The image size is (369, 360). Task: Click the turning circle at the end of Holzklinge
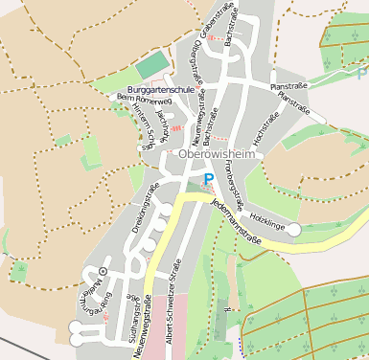pos(294,229)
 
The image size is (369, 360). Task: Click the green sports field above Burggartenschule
pos(150,67)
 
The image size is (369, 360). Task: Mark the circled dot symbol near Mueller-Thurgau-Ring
pos(103,272)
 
